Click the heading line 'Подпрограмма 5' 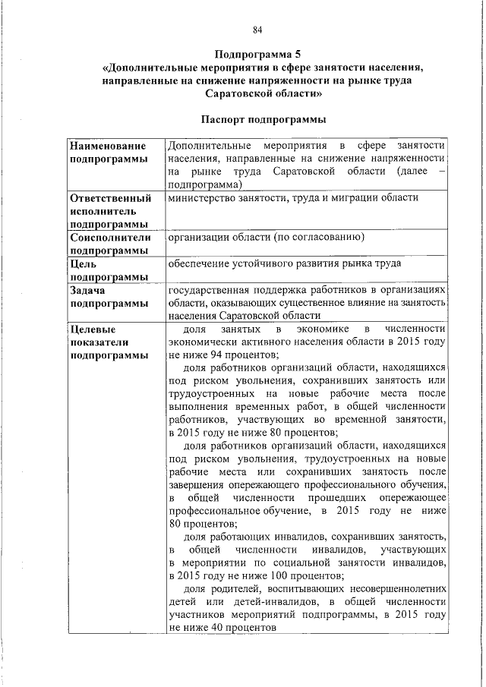[258, 55]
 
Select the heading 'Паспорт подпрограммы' [257, 119]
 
